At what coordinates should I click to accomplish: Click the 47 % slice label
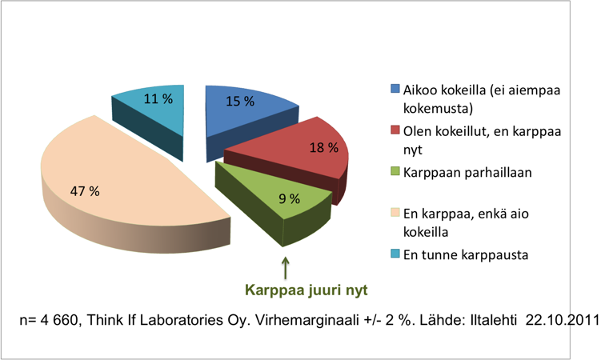[x=85, y=190]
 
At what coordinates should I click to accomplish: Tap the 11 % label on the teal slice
[x=158, y=99]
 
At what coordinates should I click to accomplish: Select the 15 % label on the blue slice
[x=240, y=102]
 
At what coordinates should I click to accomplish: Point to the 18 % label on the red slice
[x=324, y=147]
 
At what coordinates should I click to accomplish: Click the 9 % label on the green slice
[x=290, y=198]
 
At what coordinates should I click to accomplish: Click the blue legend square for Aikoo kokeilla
[x=395, y=89]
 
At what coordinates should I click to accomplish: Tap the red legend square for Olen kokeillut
[x=395, y=130]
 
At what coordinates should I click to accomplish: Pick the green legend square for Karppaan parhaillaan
[x=395, y=171]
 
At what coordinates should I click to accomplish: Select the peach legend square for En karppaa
[x=395, y=213]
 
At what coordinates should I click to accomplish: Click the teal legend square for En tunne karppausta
[x=395, y=254]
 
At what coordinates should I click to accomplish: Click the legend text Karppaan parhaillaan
[x=467, y=173]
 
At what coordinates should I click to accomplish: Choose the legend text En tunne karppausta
[x=466, y=254]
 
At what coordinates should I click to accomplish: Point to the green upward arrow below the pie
[x=285, y=268]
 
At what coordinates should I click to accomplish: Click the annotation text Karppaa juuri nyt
[x=307, y=290]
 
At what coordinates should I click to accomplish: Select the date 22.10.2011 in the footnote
[x=562, y=320]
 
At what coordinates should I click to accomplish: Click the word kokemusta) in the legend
[x=438, y=109]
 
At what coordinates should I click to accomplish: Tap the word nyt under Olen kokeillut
[x=413, y=150]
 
